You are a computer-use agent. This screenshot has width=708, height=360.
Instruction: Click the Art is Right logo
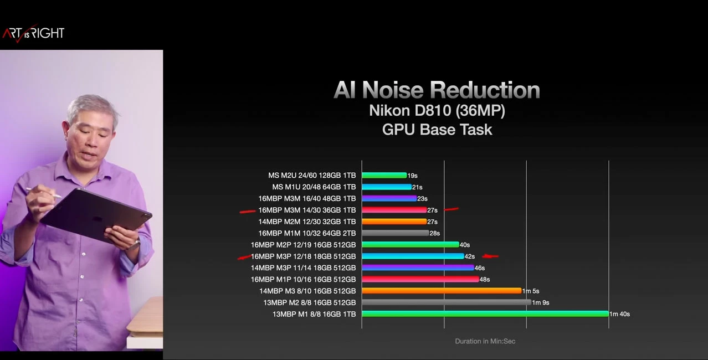[33, 33]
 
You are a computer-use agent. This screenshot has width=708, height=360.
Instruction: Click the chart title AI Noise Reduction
[437, 90]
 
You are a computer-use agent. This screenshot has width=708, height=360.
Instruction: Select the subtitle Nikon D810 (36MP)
[437, 111]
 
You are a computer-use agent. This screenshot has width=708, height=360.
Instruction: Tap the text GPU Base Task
[437, 130]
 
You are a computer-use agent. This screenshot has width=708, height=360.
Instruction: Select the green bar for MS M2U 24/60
[384, 176]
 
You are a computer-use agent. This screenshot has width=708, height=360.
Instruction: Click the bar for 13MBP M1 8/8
[485, 314]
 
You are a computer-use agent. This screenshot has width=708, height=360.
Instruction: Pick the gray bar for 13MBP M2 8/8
[446, 302]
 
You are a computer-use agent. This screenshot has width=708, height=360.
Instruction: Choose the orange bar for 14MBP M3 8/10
[442, 291]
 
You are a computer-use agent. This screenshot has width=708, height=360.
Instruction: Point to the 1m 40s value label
[619, 314]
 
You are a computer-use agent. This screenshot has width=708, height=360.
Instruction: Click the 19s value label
[412, 176]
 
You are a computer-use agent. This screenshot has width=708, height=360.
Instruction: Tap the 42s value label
[470, 256]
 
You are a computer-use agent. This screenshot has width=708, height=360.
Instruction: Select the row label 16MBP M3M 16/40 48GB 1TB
[307, 198]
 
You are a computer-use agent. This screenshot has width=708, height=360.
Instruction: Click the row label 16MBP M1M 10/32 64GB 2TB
[307, 233]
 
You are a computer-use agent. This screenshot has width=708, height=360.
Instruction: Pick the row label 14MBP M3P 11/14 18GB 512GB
[303, 268]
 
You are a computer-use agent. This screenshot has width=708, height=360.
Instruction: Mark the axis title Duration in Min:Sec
[485, 341]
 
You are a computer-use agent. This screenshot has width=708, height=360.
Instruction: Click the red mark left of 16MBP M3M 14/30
[247, 211]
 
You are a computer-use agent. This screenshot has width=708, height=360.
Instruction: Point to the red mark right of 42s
[490, 256]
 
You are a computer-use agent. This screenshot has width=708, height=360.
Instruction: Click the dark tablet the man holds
[97, 216]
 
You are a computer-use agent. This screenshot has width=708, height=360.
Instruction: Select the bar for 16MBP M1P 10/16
[420, 279]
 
